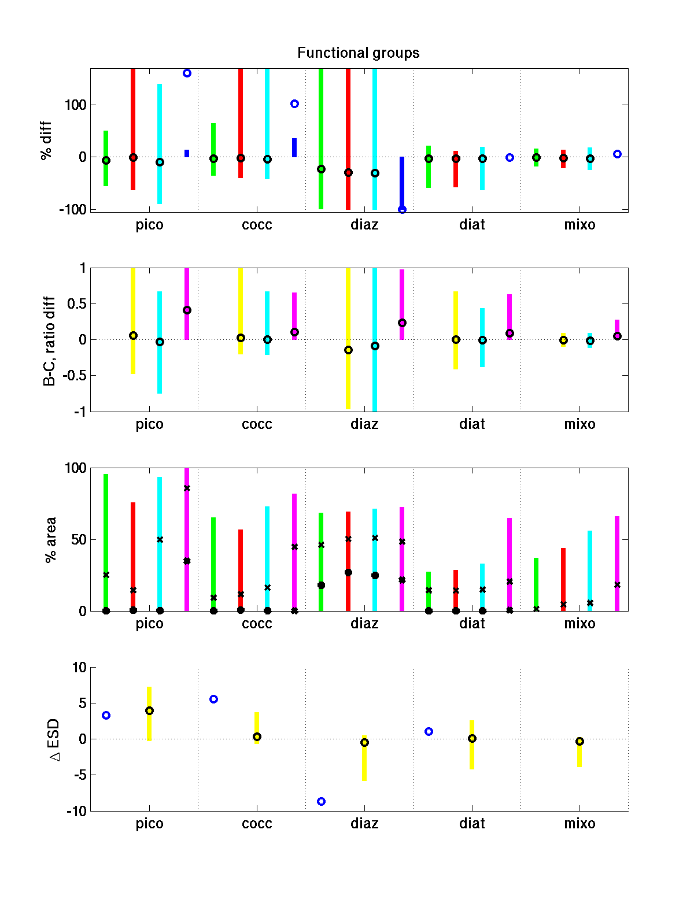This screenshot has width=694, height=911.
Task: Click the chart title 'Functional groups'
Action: coord(358,53)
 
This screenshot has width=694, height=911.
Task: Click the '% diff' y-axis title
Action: coord(46,140)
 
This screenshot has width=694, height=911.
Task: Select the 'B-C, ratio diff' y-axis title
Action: coord(49,341)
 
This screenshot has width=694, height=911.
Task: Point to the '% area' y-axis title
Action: coord(51,539)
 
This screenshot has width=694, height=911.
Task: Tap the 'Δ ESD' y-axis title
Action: coord(55,740)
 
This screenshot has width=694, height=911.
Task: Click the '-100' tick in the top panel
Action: coord(72,210)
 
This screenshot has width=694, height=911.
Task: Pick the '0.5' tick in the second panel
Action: coord(76,304)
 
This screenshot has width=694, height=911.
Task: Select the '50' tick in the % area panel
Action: coord(79,540)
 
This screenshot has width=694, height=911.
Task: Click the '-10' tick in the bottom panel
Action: coord(76,812)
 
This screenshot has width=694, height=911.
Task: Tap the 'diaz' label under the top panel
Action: coord(364,225)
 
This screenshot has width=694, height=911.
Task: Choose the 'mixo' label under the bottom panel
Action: coord(579,824)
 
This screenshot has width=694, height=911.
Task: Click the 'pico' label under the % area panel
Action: coord(149,624)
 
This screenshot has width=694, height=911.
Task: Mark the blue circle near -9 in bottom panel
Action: coord(321,801)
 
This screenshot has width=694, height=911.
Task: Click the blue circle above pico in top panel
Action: coord(187,73)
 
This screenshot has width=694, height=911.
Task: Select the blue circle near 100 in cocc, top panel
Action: coord(294,104)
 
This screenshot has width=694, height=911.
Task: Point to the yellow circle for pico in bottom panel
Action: coord(149,711)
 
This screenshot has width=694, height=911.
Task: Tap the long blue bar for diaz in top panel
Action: coord(402,182)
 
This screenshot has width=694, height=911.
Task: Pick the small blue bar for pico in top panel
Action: coord(187,153)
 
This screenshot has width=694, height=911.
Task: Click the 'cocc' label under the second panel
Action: coord(257,424)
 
